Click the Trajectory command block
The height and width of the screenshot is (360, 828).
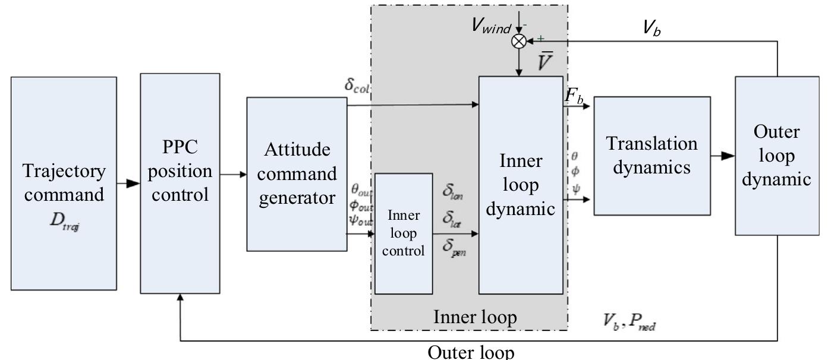[x=64, y=184]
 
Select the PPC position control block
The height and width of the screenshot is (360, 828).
[x=180, y=184]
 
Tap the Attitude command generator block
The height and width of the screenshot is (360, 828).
[x=297, y=174]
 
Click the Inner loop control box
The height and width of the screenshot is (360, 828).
[x=404, y=233]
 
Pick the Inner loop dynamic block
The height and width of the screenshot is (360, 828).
[x=521, y=185]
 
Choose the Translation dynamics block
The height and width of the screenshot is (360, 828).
[x=651, y=156]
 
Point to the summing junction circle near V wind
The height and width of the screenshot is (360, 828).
[x=520, y=40]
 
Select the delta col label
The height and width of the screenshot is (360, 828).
[x=357, y=84]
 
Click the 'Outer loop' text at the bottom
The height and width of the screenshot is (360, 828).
[x=470, y=352]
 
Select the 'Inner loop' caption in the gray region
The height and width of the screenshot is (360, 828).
[x=475, y=318]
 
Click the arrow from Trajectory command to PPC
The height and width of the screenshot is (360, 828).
[x=128, y=184]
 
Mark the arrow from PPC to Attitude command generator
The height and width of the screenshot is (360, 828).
[x=233, y=175]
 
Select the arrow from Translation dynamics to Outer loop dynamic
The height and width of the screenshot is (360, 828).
[x=722, y=156]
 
